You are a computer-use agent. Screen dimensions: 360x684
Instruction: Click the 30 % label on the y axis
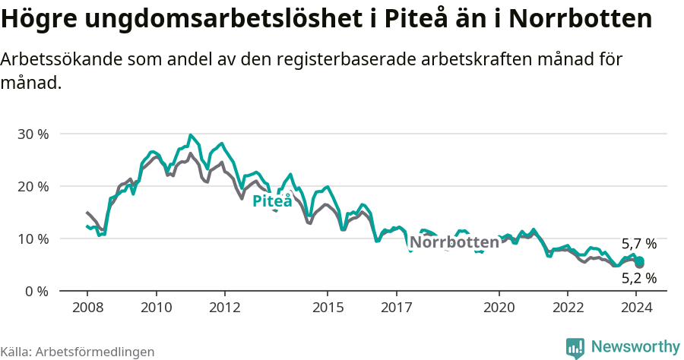coord(32,134)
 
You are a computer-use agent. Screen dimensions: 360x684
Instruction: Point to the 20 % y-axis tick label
coord(32,186)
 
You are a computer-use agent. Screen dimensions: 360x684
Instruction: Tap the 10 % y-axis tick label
coord(32,238)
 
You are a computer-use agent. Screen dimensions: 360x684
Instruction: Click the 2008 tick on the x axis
coord(87,308)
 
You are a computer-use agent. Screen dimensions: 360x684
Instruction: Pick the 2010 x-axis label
coord(156,308)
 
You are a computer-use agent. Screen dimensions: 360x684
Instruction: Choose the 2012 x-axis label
coord(225,308)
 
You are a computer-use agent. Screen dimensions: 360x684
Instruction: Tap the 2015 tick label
coord(328,308)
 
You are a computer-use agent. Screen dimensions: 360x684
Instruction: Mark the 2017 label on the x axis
coord(396,308)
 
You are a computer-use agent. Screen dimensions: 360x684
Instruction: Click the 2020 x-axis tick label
coord(499,308)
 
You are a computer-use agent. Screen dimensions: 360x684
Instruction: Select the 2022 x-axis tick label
coord(568,308)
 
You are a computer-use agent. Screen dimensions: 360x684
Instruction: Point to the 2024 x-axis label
coord(637,308)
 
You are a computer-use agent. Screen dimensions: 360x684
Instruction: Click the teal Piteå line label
coord(272,201)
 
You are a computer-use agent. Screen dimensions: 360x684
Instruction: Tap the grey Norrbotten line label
coord(454,242)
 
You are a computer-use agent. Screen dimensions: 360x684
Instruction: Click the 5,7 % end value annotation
coord(638,245)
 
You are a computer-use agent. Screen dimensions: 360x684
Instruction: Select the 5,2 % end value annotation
coord(638,279)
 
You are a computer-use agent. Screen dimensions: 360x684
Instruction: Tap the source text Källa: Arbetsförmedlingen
coord(78,352)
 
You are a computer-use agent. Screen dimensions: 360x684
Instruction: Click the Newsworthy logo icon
coord(575,348)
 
